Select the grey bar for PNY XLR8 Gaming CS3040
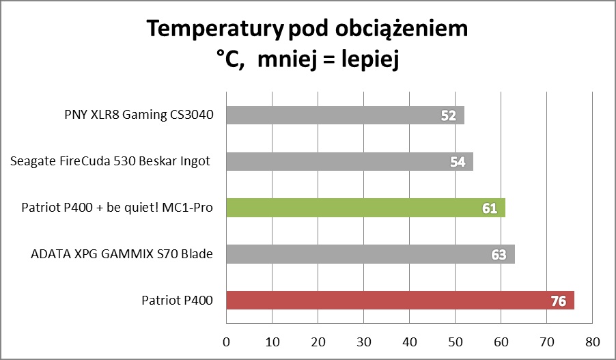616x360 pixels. pyautogui.click(x=345, y=115)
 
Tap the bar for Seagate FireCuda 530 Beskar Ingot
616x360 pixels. pyautogui.click(x=349, y=162)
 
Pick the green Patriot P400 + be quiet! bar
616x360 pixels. pyautogui.click(x=365, y=208)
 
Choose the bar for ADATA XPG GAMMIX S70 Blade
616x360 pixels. pyautogui.click(x=369, y=254)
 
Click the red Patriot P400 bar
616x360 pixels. pyautogui.click(x=400, y=300)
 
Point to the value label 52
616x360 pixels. pyautogui.click(x=449, y=115)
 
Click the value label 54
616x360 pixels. pyautogui.click(x=458, y=162)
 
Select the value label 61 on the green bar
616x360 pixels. pyautogui.click(x=490, y=208)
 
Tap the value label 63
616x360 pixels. pyautogui.click(x=499, y=254)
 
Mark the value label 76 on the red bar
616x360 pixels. pyautogui.click(x=558, y=300)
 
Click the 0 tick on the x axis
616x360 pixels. pyautogui.click(x=226, y=340)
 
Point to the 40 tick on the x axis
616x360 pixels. pyautogui.click(x=409, y=340)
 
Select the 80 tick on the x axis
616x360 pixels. pyautogui.click(x=592, y=340)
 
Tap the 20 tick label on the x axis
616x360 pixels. pyautogui.click(x=318, y=340)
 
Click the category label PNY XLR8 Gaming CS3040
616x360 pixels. pyautogui.click(x=135, y=115)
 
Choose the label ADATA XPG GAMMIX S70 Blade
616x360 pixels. pyautogui.click(x=122, y=254)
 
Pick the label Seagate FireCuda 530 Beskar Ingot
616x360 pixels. pyautogui.click(x=111, y=162)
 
